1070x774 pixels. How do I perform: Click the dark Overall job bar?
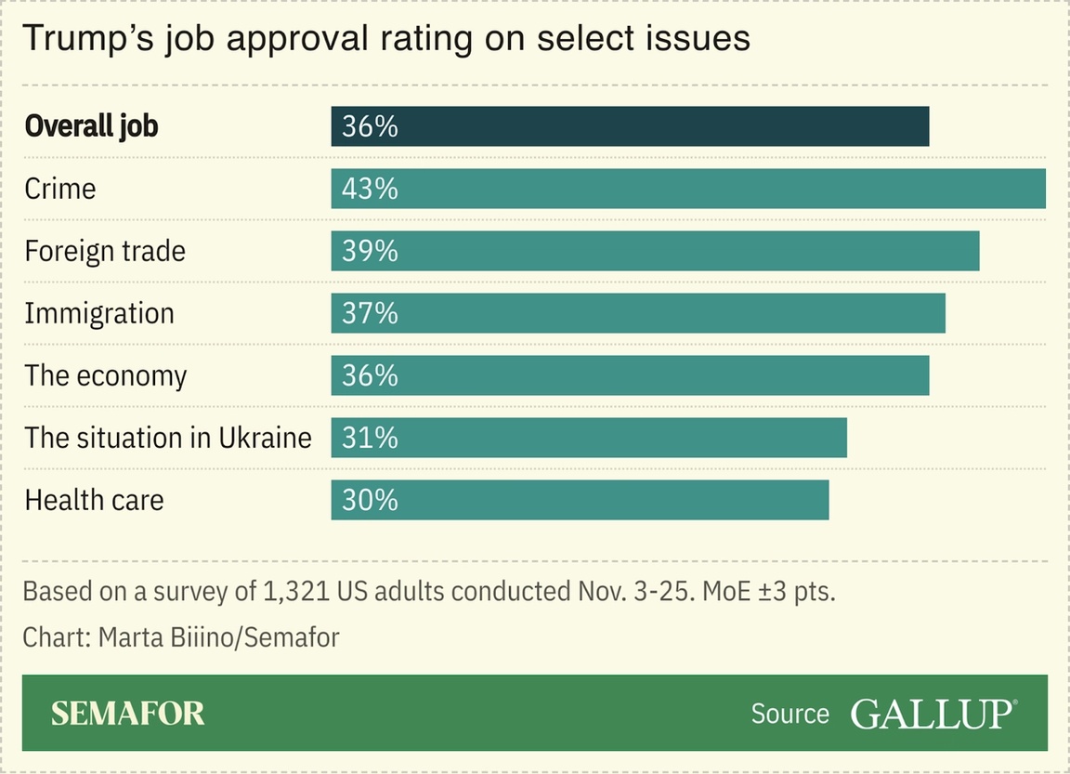click(630, 126)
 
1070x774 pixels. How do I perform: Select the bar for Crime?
click(688, 189)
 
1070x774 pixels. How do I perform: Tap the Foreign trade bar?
click(655, 251)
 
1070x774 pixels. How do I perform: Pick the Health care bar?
click(580, 500)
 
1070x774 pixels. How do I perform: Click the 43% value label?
click(370, 189)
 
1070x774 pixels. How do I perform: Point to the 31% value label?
click(370, 438)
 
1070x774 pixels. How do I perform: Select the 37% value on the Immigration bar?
click(370, 313)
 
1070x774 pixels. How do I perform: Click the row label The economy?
click(105, 375)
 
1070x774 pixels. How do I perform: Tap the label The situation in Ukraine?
click(167, 438)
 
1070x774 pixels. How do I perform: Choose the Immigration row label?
click(98, 313)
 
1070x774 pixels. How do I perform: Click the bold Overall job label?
click(91, 126)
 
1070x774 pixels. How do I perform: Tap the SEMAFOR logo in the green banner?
click(127, 714)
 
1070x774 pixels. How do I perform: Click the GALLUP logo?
click(933, 714)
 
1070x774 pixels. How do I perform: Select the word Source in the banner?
click(789, 714)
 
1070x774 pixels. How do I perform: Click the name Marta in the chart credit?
click(131, 638)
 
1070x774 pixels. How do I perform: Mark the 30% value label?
click(370, 500)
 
